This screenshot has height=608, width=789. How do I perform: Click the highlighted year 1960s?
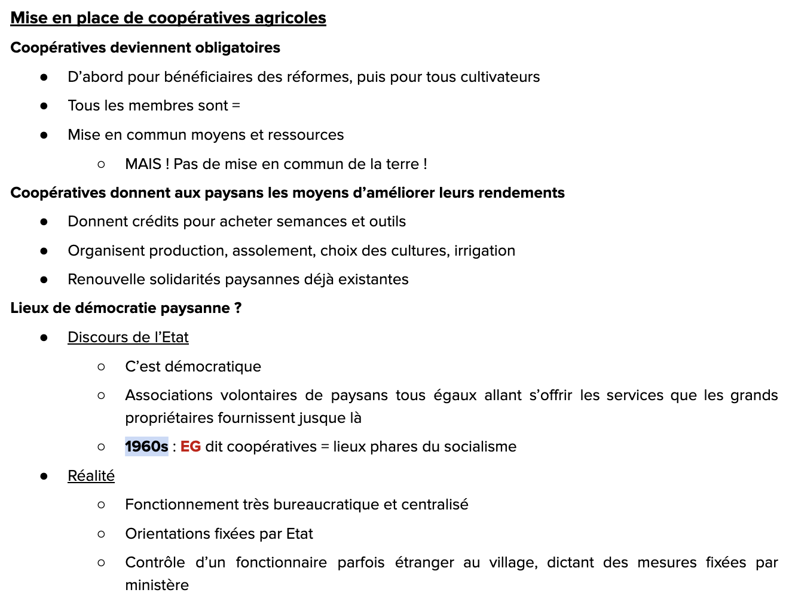point(146,447)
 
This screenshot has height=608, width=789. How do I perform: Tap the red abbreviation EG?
point(190,447)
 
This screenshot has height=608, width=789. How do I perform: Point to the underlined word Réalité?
point(91,476)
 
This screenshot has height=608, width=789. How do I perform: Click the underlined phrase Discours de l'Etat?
point(128,337)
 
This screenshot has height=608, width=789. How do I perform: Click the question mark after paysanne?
point(238,308)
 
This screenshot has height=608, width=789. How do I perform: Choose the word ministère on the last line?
point(157,585)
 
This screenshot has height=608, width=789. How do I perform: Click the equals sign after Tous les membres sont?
point(236,106)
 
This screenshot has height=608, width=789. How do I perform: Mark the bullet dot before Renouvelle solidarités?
point(44,280)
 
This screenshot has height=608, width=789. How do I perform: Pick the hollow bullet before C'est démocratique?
point(101,367)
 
